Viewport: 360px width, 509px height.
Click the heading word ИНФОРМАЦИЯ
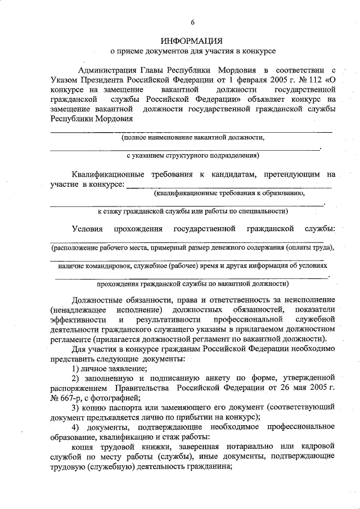[x=192, y=40]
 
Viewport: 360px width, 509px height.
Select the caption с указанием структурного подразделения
[x=192, y=154]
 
